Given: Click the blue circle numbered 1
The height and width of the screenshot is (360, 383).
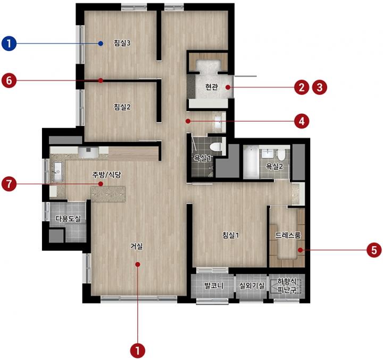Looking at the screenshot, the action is tap(9, 44).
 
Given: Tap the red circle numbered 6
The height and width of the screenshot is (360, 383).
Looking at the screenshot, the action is tap(9, 80).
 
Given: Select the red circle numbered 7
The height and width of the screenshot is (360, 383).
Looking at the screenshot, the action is tap(9, 184).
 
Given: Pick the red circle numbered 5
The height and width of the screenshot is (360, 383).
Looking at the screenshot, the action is tap(374, 250).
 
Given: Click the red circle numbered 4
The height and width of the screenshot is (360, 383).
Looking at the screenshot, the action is tap(302, 121).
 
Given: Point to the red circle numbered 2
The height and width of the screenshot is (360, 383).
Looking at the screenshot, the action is tap(302, 87).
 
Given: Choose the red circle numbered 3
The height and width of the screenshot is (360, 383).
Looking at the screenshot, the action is tap(320, 87).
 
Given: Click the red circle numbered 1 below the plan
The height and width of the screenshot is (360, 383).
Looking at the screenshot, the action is tap(138, 351).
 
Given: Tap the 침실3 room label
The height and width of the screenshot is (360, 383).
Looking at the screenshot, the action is tap(122, 43).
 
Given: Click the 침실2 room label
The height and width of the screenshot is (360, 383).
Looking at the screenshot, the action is tap(122, 107).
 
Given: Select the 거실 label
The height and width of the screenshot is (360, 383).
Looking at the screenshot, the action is tap(136, 246).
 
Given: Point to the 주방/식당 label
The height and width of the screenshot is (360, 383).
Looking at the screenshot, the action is tap(106, 175).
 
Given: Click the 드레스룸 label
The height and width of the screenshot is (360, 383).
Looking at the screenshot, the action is tap(288, 235).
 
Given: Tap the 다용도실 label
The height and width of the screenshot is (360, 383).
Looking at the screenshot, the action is tap(68, 218).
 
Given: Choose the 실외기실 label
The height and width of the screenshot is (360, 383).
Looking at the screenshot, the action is tap(252, 285).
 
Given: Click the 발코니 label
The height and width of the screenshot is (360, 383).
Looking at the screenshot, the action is tap(214, 285).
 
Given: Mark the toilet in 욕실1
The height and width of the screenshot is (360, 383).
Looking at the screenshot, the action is tap(216, 147).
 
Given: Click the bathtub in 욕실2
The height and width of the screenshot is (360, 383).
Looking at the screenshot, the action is tap(251, 162).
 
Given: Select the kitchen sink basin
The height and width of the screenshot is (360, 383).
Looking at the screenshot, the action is tap(57, 171).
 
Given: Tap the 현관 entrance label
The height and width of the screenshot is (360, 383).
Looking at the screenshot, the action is tap(212, 87).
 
